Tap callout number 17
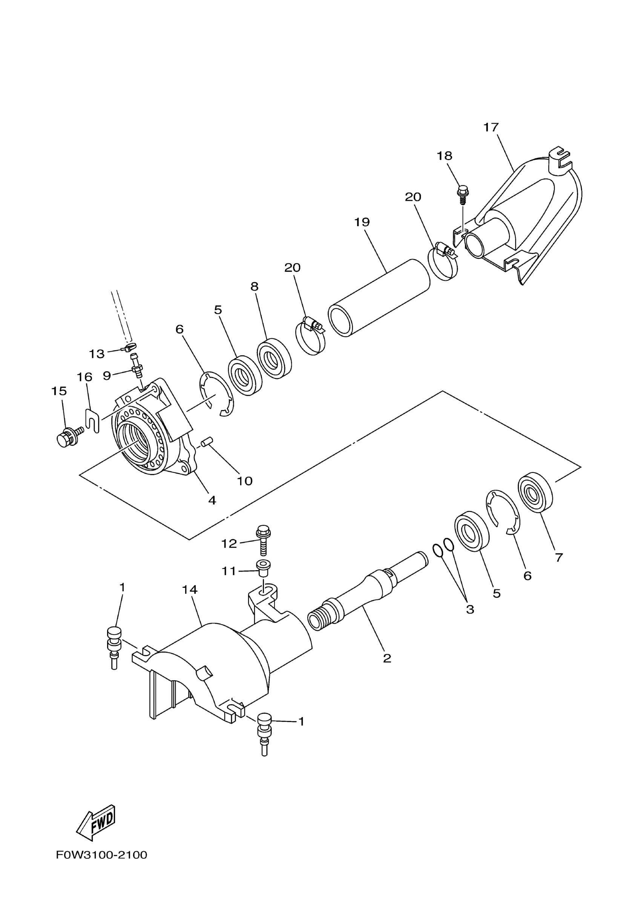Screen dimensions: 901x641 [491, 127]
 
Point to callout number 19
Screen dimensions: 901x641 [362, 222]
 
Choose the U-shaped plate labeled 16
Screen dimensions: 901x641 [92, 421]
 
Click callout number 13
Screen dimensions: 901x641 [97, 354]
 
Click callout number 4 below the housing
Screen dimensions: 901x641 [212, 500]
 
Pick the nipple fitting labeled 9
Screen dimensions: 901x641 [136, 366]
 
